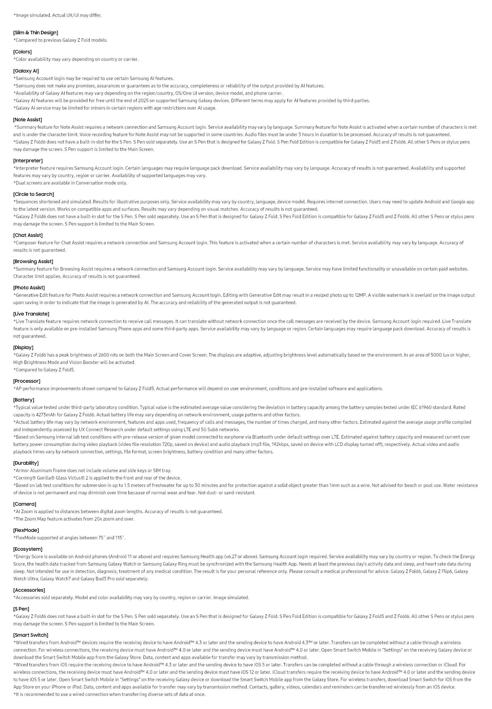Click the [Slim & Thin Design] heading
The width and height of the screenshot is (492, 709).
point(36,33)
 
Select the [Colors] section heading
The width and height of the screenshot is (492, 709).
point(23,52)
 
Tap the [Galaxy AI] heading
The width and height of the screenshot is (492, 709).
point(26,71)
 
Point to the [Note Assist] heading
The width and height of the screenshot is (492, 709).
point(28,120)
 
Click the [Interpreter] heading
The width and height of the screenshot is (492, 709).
point(28,161)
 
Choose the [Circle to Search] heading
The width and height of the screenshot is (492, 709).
point(34,194)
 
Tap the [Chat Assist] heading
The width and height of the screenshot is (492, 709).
point(28,235)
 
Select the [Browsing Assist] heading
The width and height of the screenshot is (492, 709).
point(33,261)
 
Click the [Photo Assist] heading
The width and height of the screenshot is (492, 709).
point(29,288)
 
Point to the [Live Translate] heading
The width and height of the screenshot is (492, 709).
point(31,314)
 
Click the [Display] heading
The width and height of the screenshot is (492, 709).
point(24,347)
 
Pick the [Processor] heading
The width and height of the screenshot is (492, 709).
point(27,381)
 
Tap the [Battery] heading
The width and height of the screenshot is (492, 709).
point(24,400)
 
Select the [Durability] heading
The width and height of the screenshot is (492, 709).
point(26,463)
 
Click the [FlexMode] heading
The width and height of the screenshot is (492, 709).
point(26,530)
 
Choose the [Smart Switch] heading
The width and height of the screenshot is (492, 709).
point(31,635)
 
